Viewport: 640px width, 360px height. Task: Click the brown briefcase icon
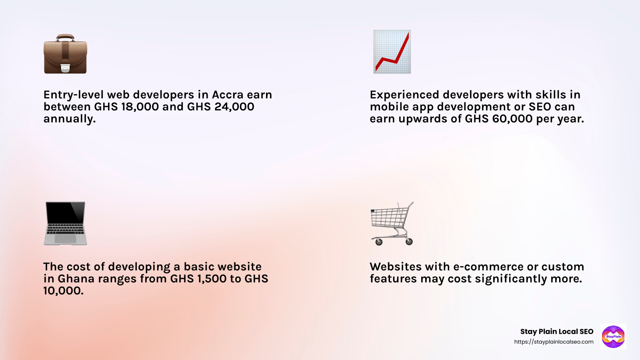[65, 54]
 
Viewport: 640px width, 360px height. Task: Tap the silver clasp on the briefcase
[65, 68]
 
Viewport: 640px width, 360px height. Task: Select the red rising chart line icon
[392, 52]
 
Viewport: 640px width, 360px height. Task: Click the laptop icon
[65, 223]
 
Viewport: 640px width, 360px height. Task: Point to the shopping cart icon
[392, 223]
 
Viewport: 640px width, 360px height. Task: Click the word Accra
[228, 95]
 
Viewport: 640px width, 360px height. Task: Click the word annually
[70, 119]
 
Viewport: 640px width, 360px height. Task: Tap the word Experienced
[404, 95]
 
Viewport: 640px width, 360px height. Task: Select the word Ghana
[76, 279]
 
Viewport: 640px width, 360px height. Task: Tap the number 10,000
[63, 291]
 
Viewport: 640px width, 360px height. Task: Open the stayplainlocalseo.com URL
[554, 342]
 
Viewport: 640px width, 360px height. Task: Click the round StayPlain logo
[613, 336]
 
